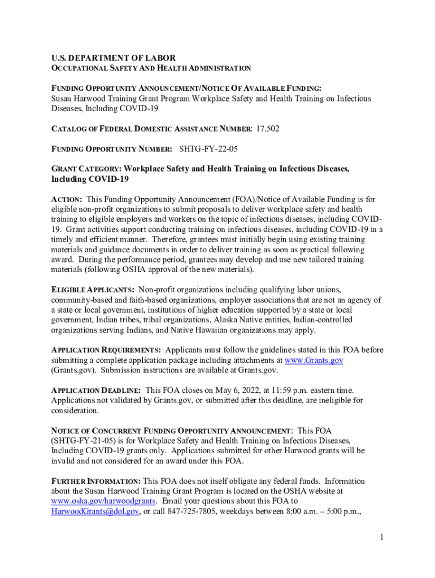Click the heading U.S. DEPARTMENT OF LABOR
tap(113, 58)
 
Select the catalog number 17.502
tap(268, 129)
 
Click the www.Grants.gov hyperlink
tap(314, 360)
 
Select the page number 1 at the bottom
tap(382, 537)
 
